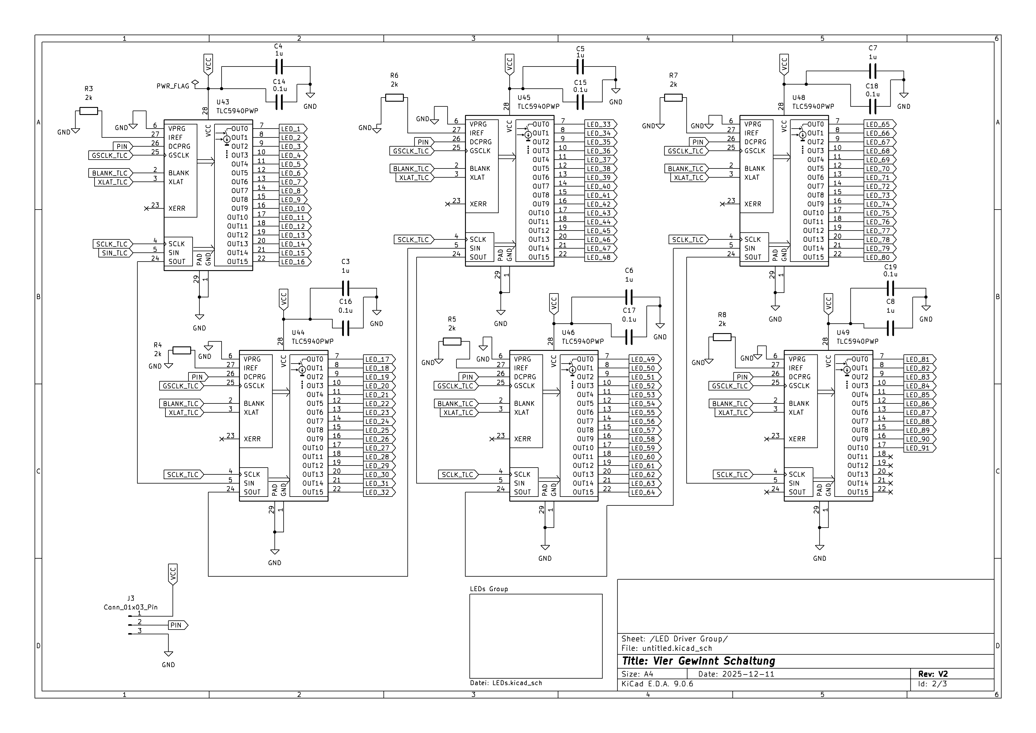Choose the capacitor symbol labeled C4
tap(279, 68)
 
